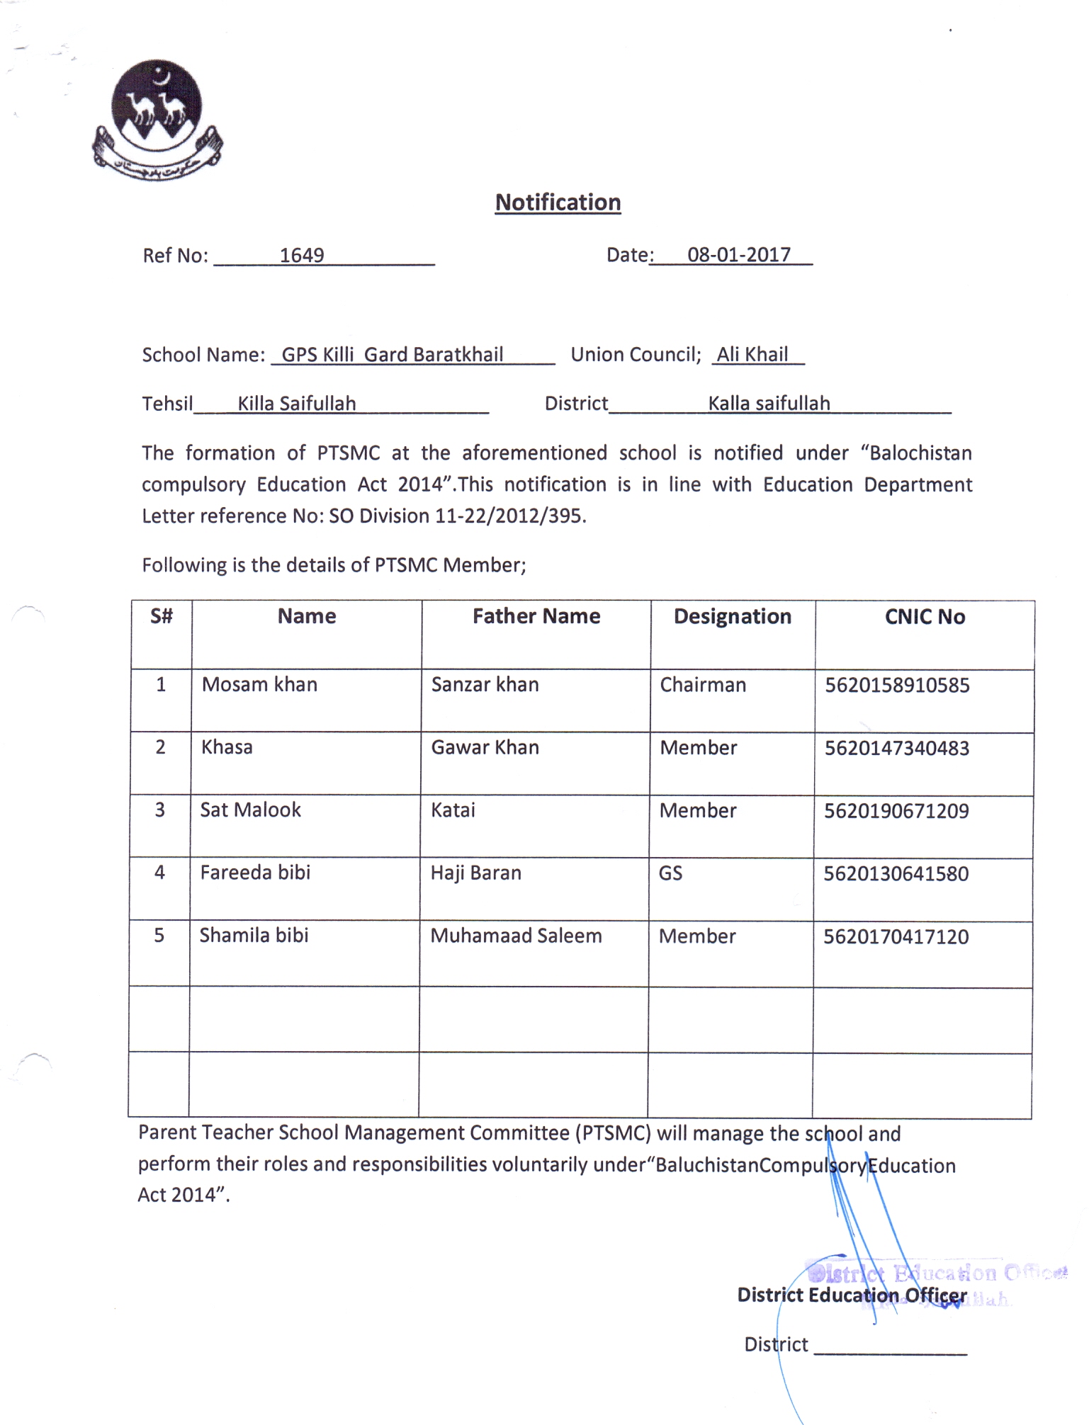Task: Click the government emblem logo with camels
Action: (x=157, y=119)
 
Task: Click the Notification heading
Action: (x=558, y=203)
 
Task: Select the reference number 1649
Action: (x=302, y=255)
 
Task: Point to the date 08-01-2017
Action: (x=738, y=255)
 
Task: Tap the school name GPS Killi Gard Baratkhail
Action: (x=393, y=354)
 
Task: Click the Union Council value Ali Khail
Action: (x=752, y=354)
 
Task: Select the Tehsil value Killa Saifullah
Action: (x=297, y=404)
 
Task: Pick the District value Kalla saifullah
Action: (x=769, y=404)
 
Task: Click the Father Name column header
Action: (x=536, y=616)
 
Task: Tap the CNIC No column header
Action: (x=925, y=617)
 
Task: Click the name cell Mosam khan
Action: (x=259, y=684)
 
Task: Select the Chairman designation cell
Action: (x=703, y=685)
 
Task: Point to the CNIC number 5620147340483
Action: (x=896, y=748)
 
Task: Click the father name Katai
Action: (x=453, y=810)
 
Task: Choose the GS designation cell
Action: (x=670, y=873)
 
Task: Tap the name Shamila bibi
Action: (x=254, y=936)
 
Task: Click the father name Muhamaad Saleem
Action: (x=516, y=936)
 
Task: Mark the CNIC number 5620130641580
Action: (x=896, y=874)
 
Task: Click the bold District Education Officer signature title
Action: (x=852, y=1295)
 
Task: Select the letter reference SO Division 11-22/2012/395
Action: (x=457, y=516)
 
